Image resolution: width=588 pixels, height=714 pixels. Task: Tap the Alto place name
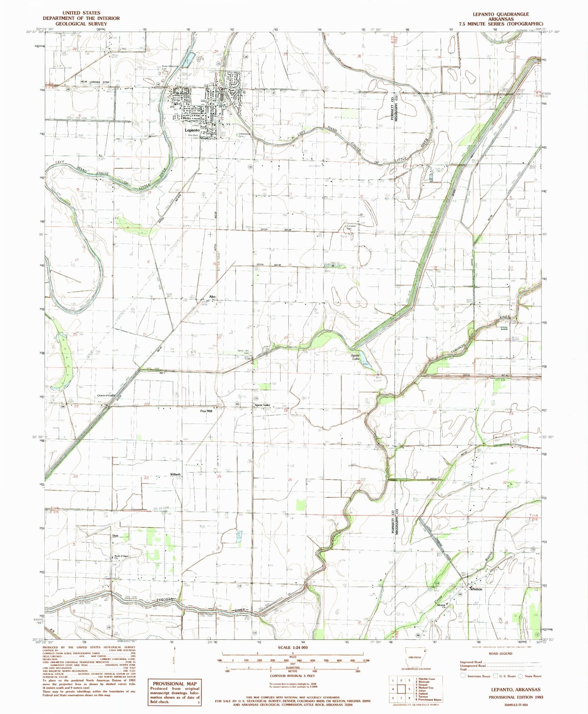pyautogui.click(x=212, y=297)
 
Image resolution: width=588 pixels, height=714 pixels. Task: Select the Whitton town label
pyautogui.click(x=476, y=589)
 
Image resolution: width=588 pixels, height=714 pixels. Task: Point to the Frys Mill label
pyautogui.click(x=206, y=411)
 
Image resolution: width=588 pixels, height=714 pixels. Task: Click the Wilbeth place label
pyautogui.click(x=175, y=475)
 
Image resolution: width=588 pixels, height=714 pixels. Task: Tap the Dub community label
pyautogui.click(x=115, y=536)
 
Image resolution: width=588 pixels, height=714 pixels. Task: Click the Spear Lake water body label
pyautogui.click(x=356, y=357)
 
